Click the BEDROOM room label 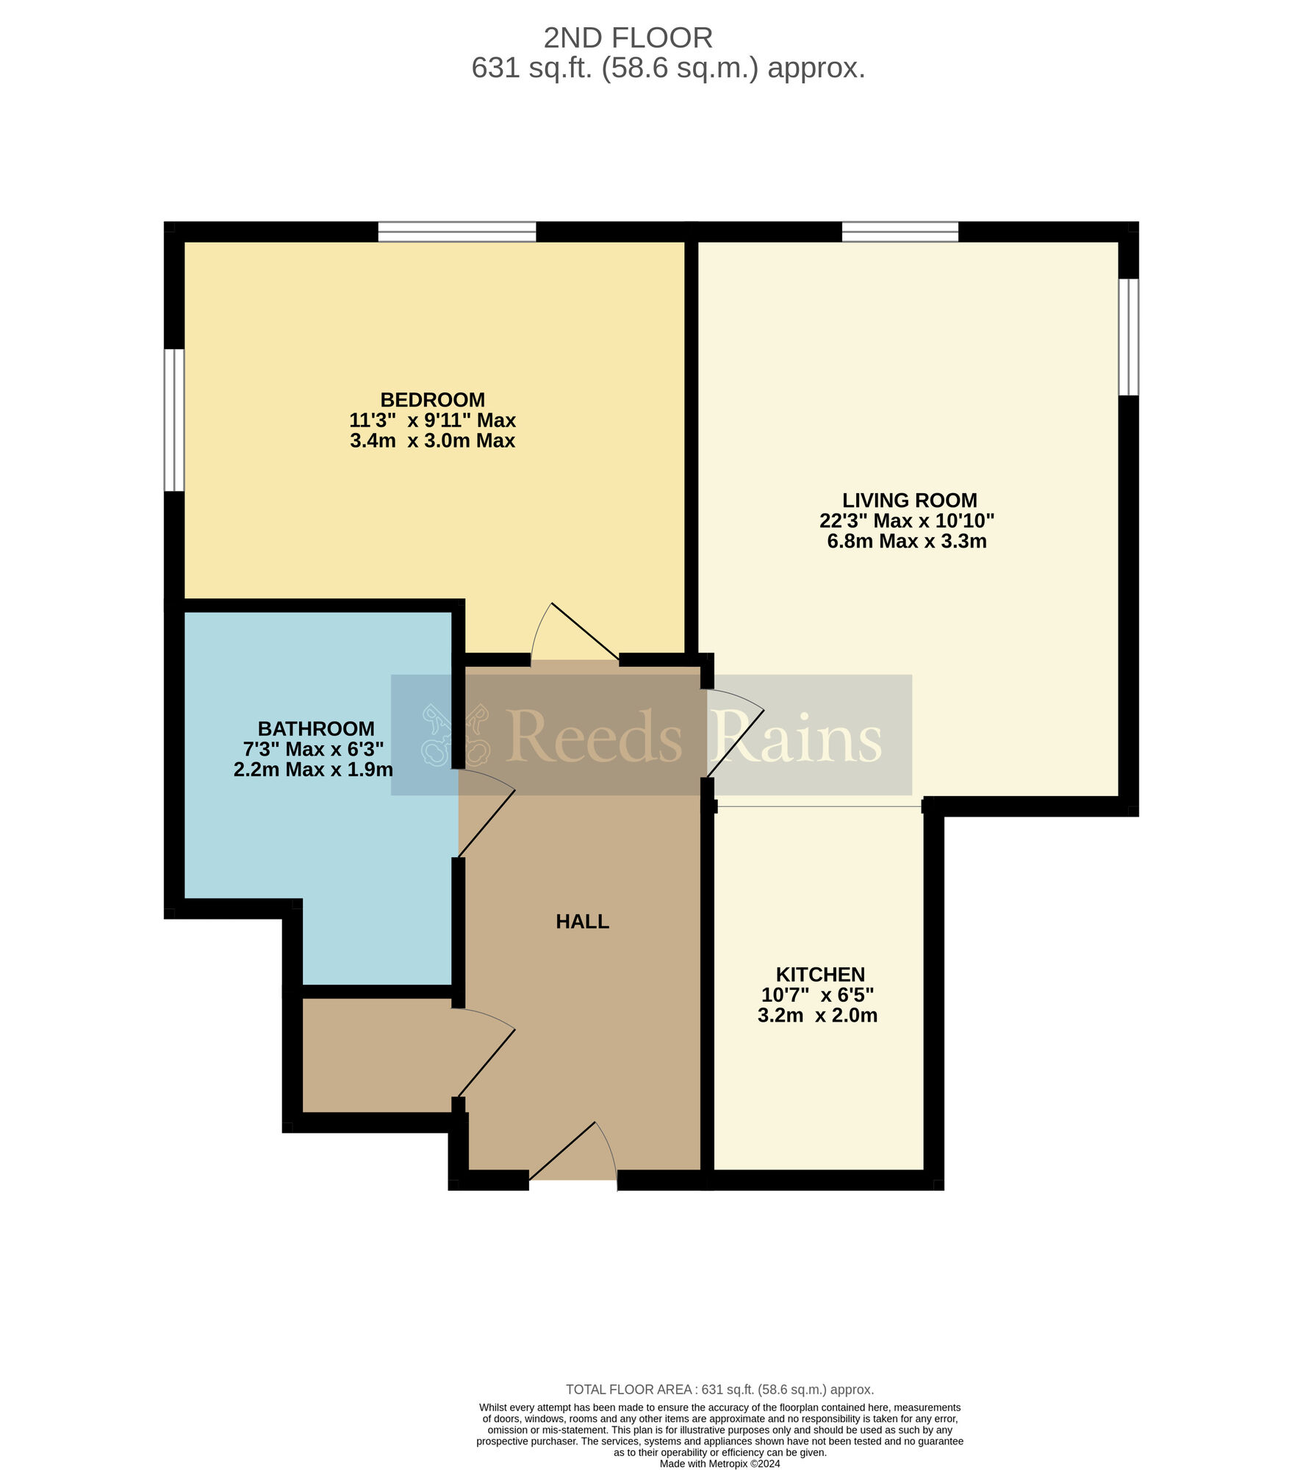pos(432,400)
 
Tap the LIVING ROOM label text pos(909,501)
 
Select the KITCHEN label pos(820,975)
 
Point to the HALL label pos(582,922)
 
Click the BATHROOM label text pos(316,728)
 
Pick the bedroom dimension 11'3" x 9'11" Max pos(432,420)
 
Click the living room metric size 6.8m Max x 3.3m pos(907,542)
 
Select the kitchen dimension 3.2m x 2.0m pos(817,1016)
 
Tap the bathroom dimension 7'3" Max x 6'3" pos(314,749)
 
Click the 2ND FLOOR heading pos(628,37)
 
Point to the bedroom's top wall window pos(457,232)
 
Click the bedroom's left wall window pos(173,420)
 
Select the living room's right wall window pos(1129,337)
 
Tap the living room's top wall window pos(900,232)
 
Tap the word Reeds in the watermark pos(594,736)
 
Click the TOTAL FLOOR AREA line pos(719,1390)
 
